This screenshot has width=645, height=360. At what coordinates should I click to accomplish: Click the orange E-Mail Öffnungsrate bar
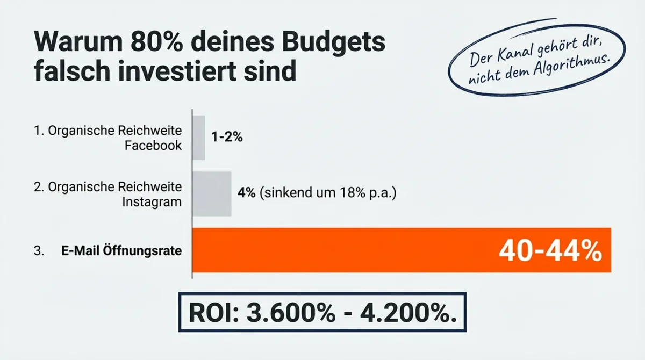(344, 250)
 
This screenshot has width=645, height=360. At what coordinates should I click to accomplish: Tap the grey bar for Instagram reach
(212, 193)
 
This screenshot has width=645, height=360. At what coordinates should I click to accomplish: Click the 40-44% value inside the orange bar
(550, 251)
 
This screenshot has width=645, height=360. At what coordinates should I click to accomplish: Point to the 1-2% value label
(227, 138)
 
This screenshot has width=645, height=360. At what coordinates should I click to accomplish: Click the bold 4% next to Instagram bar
(246, 193)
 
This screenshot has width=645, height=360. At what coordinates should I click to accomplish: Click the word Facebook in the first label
(153, 146)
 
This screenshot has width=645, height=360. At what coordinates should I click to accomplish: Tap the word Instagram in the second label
(152, 201)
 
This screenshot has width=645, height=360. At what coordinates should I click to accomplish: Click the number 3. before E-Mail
(38, 250)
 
